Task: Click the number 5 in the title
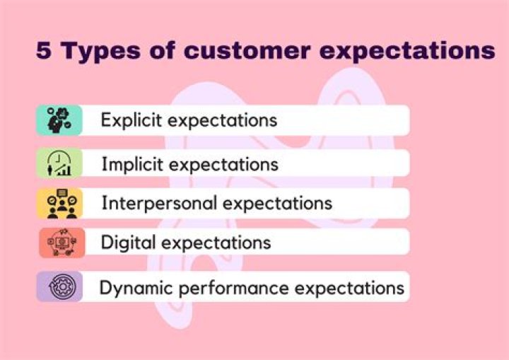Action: [44, 52]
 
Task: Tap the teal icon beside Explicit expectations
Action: [59, 120]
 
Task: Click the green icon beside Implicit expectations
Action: [59, 163]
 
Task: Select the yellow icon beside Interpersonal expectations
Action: [59, 204]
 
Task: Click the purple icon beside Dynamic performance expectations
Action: [59, 287]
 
